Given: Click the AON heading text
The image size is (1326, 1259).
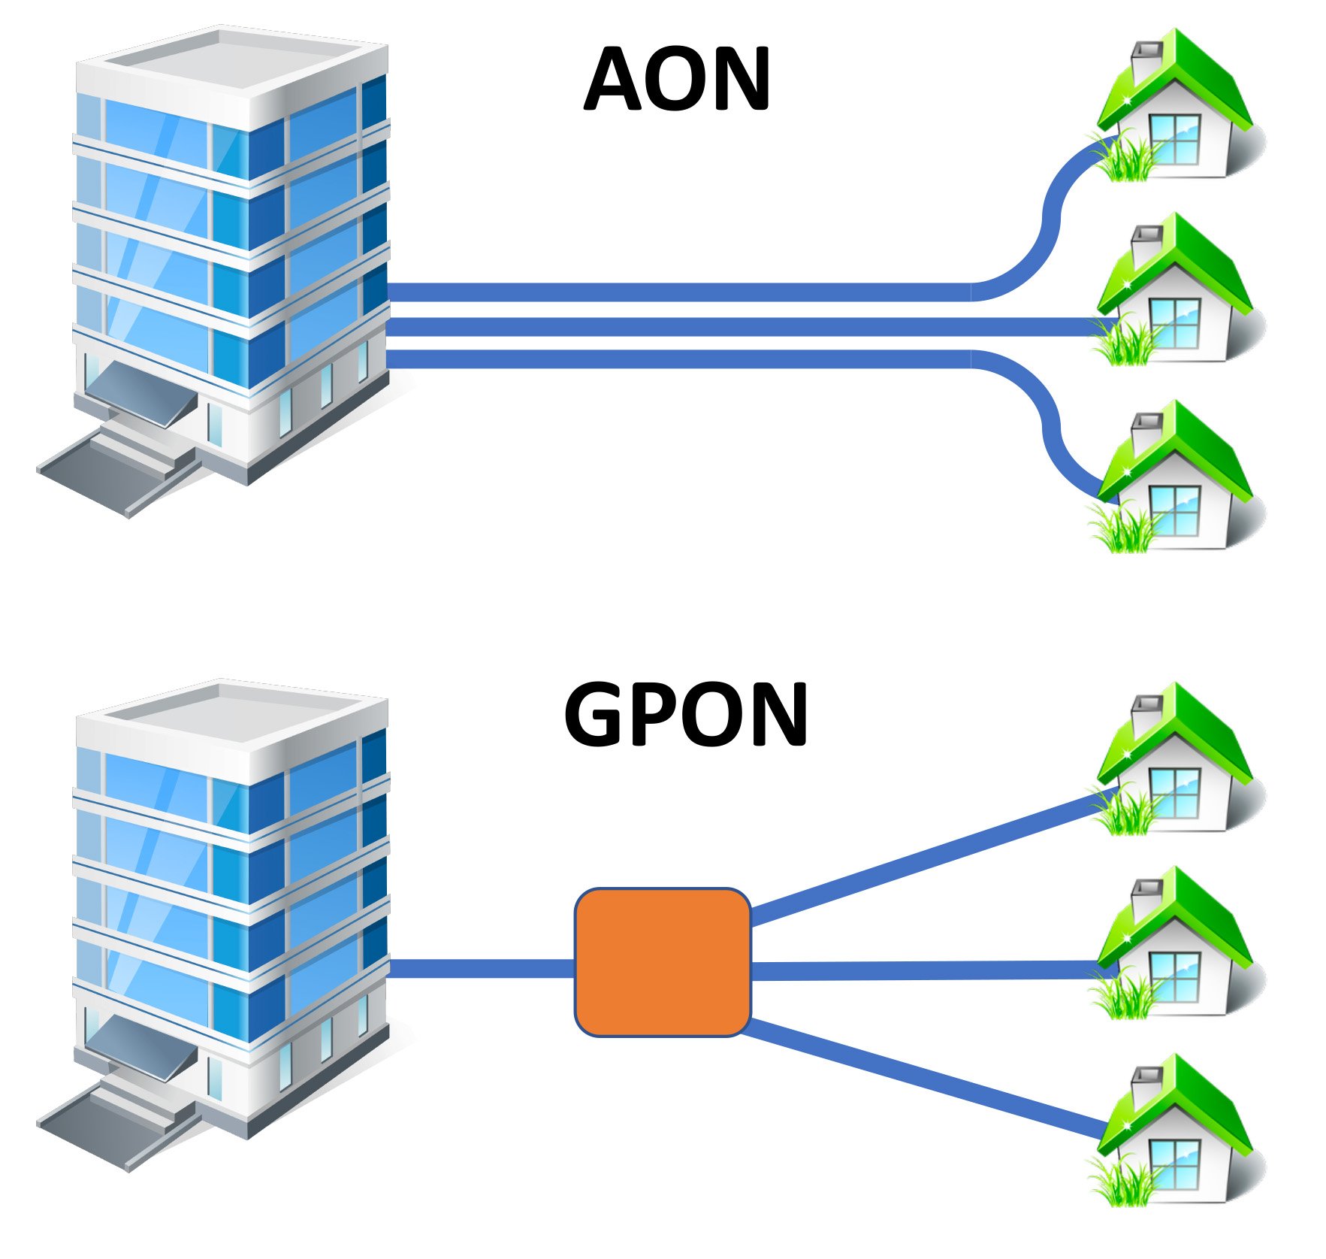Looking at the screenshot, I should click(676, 79).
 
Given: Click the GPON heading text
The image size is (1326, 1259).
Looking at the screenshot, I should click(685, 714).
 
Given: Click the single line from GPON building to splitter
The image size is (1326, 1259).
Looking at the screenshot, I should click(481, 968).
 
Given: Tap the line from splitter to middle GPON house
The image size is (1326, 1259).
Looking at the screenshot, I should click(924, 970).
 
